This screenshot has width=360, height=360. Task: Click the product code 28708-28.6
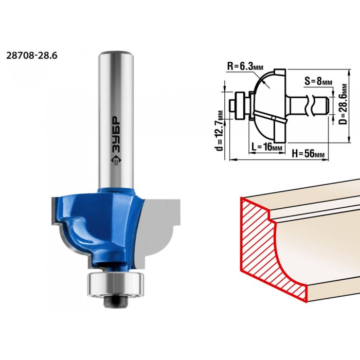click(32, 56)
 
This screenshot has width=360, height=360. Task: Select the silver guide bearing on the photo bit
click(115, 284)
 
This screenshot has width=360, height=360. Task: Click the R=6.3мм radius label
click(245, 66)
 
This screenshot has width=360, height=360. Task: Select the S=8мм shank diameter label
click(318, 81)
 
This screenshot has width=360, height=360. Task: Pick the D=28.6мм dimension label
click(343, 104)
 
